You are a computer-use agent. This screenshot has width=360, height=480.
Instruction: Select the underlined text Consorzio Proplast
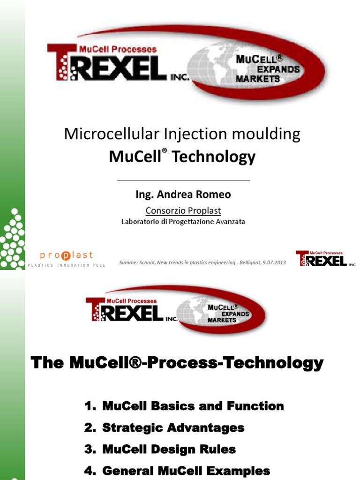[183, 210]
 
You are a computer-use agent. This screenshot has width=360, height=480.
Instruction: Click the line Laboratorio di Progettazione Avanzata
[183, 222]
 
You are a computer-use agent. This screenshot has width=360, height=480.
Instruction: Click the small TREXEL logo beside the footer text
[325, 258]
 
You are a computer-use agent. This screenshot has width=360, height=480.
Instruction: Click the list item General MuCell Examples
[186, 470]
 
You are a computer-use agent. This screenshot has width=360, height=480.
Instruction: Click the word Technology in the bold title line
[214, 157]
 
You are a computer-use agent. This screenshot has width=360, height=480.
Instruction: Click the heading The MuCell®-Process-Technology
[177, 363]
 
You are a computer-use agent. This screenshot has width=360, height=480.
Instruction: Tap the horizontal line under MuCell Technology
[183, 180]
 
